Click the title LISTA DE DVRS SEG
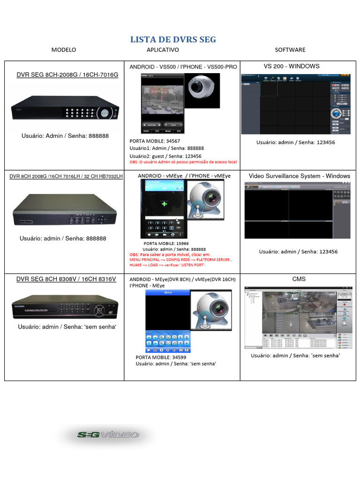point(173,39)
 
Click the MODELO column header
point(63,50)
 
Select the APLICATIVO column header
point(163,50)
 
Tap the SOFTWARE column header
point(290,50)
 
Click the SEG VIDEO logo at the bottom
point(108,435)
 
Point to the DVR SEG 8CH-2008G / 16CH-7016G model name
point(67,75)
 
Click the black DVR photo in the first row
point(66,109)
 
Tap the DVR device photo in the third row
point(65,307)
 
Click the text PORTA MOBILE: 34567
point(155,141)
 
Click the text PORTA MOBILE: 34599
point(161,357)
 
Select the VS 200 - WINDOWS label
point(292,66)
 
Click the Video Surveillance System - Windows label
point(299,176)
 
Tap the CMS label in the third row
point(299,279)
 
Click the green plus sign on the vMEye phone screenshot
point(164,204)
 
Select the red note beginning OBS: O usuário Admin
point(183,162)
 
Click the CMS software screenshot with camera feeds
point(297,318)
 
